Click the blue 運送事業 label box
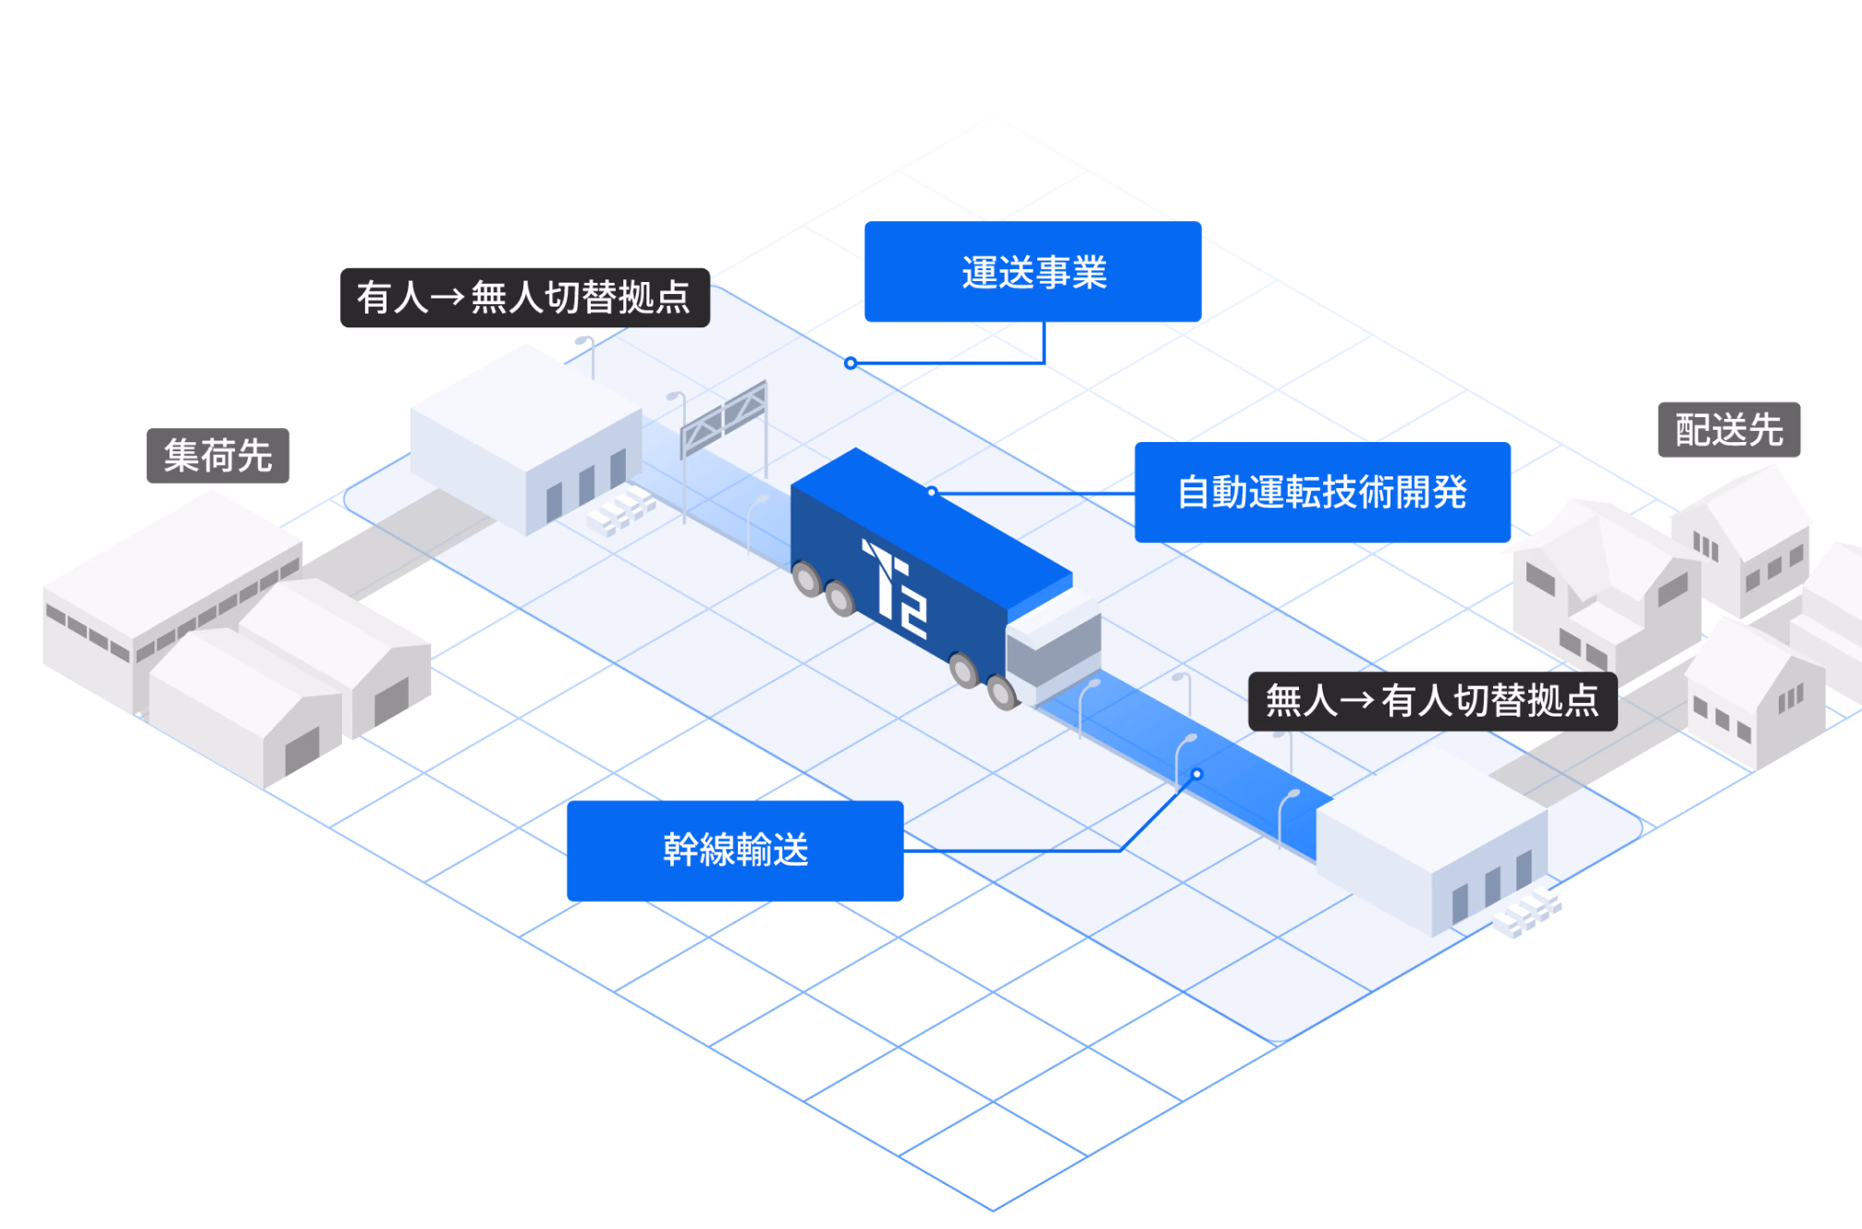(x=1033, y=272)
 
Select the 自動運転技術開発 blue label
(x=1322, y=492)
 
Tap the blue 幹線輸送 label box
(x=735, y=850)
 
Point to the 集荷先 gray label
(x=218, y=456)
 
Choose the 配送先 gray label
(x=1729, y=430)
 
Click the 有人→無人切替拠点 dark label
(x=524, y=298)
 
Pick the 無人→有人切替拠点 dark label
(x=1432, y=701)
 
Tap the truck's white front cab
(x=1054, y=647)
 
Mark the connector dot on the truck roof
(x=932, y=492)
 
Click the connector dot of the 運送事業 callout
(x=851, y=363)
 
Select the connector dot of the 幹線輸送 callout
(x=1196, y=774)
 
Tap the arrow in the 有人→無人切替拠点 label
(x=447, y=298)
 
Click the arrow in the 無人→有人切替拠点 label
(x=1356, y=701)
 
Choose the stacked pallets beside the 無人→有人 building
(x=1526, y=913)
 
